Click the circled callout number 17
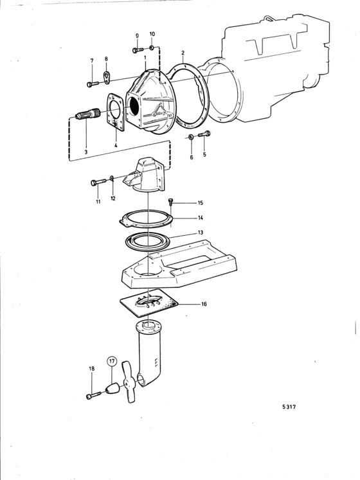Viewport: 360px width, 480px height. tap(112, 361)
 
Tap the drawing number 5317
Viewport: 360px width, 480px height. tap(289, 407)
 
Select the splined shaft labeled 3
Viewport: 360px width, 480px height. tap(88, 115)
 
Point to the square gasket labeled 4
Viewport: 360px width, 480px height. tap(116, 112)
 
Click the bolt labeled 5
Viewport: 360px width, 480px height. tap(204, 134)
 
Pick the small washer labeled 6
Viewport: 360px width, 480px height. tap(190, 136)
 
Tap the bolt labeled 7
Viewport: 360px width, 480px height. tap(92, 84)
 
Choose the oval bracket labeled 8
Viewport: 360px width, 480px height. tap(106, 77)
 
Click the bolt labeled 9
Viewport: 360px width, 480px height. tap(138, 49)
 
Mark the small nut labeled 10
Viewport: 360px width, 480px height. tap(151, 48)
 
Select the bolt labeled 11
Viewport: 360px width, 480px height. tap(98, 182)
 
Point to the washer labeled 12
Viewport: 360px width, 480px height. tap(112, 178)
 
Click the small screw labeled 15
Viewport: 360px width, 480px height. tap(170, 200)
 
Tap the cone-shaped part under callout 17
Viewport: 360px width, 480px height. tap(112, 389)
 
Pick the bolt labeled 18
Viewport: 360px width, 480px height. tap(93, 396)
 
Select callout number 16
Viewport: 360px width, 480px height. tap(204, 304)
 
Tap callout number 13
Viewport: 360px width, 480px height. tap(201, 233)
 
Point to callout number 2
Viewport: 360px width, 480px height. tap(183, 53)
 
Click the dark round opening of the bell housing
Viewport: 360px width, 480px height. tap(134, 106)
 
